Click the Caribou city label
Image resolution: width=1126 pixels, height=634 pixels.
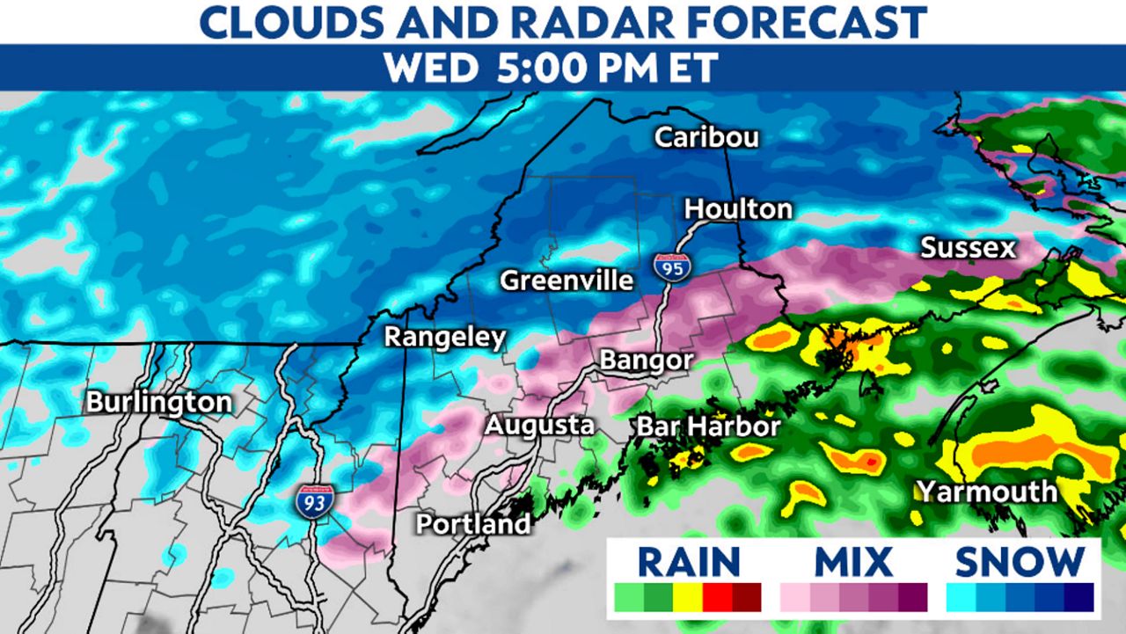tap(706, 138)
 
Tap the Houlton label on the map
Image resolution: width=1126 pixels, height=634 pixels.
tap(738, 209)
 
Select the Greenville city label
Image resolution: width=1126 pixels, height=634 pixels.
tap(567, 281)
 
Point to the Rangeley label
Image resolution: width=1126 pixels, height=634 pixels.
tap(445, 337)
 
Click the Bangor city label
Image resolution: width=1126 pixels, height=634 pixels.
tap(646, 361)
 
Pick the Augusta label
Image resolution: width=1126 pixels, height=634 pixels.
tap(539, 426)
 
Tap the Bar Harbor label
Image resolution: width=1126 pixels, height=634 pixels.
tap(708, 427)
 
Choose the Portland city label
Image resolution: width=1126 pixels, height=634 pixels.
tap(473, 524)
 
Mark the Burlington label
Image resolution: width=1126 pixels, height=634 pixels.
tap(159, 404)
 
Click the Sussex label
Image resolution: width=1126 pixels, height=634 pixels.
tap(968, 248)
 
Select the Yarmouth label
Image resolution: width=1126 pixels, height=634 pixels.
tap(986, 491)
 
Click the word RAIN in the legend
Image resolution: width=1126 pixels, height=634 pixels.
tap(689, 561)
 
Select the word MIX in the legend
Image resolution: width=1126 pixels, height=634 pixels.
tap(853, 561)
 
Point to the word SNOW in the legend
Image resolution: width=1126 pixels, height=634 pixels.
tap(1020, 561)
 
